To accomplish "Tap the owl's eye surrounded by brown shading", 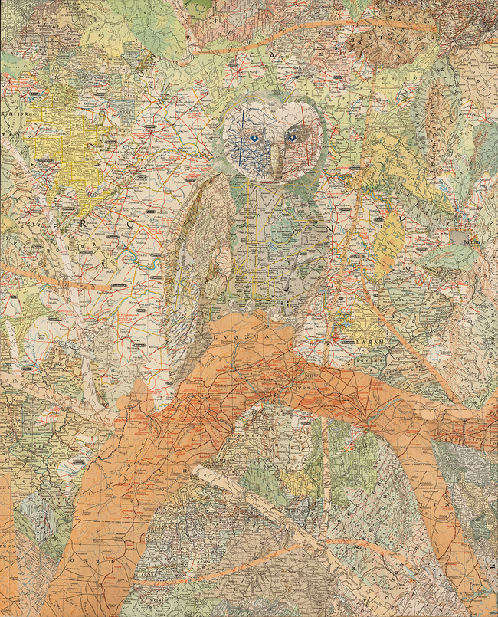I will [291, 138].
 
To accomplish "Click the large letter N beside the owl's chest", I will [331, 228].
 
